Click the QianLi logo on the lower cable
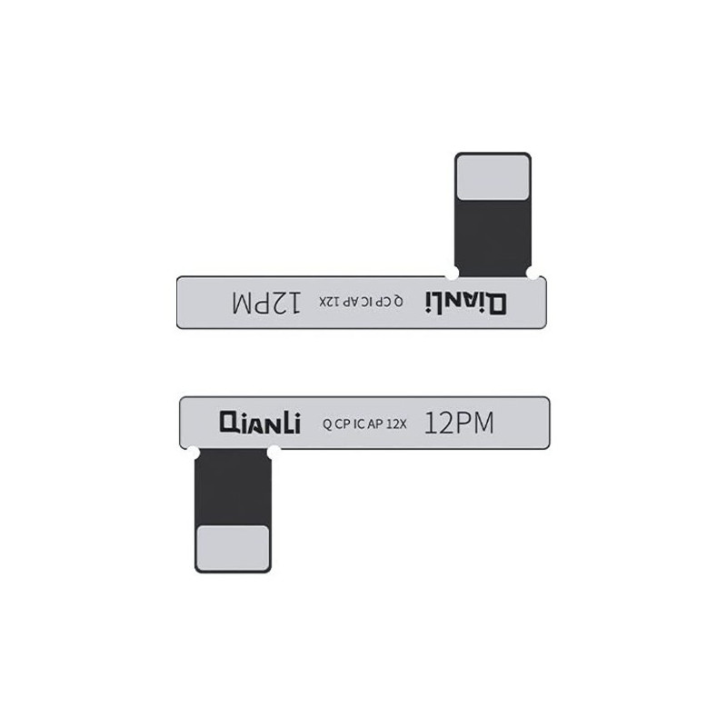[x=260, y=423]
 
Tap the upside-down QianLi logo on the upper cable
[x=466, y=304]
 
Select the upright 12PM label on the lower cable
[x=459, y=423]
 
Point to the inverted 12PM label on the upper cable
[x=266, y=303]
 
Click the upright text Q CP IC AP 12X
[x=364, y=423]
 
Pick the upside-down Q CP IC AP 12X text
[x=361, y=302]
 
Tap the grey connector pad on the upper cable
[x=493, y=177]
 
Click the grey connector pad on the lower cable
[x=233, y=548]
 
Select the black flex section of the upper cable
[x=493, y=238]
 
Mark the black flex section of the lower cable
[x=233, y=487]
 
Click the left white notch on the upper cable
[x=452, y=274]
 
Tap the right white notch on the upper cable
[x=533, y=274]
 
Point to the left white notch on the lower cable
[x=193, y=453]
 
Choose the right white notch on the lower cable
[x=274, y=453]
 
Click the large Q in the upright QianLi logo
[x=230, y=423]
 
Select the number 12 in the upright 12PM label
[x=437, y=423]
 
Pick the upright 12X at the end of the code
[x=396, y=423]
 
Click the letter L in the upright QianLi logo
[x=284, y=423]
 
